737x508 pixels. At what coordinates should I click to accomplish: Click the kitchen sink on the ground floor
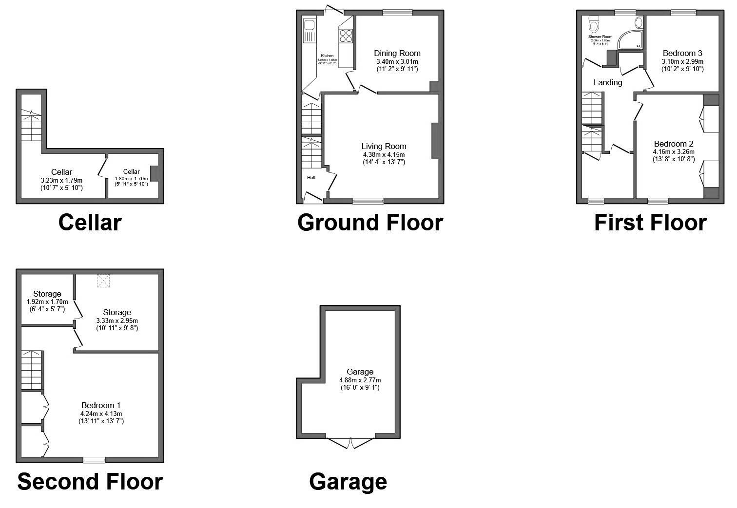point(310,30)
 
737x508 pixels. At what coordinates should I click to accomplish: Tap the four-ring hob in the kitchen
point(346,36)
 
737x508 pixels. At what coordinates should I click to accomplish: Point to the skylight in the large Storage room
point(103,280)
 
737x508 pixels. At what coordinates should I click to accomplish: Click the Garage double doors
point(351,443)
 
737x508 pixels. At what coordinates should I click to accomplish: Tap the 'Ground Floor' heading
point(370,223)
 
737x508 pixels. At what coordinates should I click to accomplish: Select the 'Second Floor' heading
point(90,481)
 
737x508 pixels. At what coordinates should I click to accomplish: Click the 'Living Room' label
point(384,146)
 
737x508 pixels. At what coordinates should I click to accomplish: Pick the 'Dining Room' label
point(397,53)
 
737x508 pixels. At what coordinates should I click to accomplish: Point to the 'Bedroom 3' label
point(682,53)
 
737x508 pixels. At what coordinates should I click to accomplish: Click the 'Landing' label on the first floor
point(607,82)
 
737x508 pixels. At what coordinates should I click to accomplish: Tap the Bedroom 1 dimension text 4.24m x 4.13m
point(101,414)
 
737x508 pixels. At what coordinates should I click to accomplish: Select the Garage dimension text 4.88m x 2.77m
point(360,380)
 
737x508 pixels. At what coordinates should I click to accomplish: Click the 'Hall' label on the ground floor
point(311,178)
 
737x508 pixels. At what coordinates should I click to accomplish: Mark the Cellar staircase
point(31,125)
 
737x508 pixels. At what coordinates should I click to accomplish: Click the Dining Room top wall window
point(397,13)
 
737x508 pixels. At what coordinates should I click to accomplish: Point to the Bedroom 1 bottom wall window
point(94,460)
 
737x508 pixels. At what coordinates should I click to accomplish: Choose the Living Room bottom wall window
point(368,201)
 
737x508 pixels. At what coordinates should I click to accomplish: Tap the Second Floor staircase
point(32,370)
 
